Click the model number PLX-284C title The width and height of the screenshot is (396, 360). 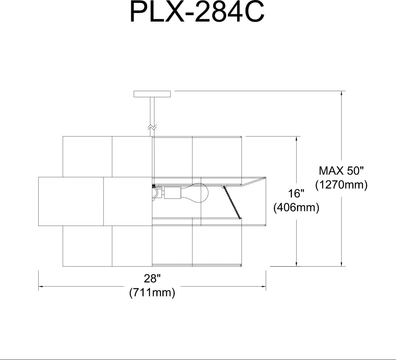197,12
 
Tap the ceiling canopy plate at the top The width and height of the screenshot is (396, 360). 152,94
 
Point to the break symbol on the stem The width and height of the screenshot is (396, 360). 152,127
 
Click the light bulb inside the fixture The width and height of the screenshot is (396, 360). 194,193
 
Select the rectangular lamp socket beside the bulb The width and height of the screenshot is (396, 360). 173,193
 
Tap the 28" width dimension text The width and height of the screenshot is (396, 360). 152,279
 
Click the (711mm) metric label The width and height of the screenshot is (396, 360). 152,292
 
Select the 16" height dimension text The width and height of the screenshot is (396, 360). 296,194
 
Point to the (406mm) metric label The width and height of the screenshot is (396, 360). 296,207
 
